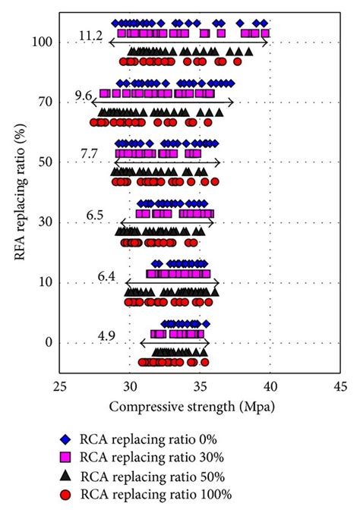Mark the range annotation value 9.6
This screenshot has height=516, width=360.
click(84, 95)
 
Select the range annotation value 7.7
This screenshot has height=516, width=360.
click(89, 154)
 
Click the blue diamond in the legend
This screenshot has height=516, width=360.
click(65, 439)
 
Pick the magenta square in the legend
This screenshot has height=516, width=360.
click(65, 457)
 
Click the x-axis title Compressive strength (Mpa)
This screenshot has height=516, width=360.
click(191, 407)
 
